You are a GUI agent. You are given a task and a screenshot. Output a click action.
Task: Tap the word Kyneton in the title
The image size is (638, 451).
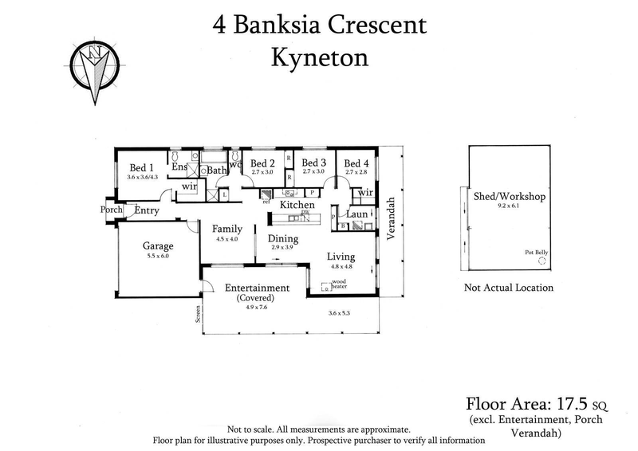pos(319,58)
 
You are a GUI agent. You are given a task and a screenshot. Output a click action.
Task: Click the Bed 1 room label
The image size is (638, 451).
pos(143,167)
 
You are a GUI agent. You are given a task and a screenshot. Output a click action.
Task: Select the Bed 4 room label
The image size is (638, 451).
pos(356,164)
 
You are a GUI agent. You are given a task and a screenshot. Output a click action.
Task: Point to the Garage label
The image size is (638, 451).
pos(158,246)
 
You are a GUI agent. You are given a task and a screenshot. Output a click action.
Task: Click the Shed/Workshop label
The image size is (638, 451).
pos(508,196)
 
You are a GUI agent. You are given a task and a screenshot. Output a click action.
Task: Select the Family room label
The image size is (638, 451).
pos(226,229)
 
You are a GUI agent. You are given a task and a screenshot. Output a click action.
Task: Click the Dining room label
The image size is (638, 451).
pos(282,238)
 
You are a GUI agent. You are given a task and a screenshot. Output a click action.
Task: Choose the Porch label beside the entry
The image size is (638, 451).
pos(111,210)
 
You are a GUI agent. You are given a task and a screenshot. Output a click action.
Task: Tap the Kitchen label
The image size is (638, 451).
pos(296,205)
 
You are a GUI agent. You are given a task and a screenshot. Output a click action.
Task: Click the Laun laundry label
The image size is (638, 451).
pos(356,214)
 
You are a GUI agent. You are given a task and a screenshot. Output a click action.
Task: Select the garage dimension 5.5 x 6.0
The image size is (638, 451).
pos(158,257)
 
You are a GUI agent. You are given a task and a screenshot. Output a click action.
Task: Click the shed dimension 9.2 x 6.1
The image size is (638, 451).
pos(508,206)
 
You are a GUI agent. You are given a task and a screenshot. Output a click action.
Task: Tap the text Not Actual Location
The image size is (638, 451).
pos(508,288)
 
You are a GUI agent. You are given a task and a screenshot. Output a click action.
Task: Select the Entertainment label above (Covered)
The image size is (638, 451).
pos(256,288)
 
